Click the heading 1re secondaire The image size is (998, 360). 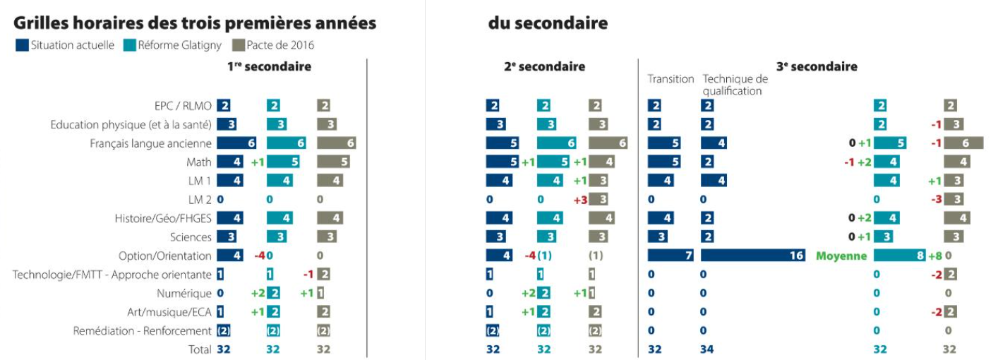pos(269,66)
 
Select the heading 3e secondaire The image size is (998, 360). pos(817,66)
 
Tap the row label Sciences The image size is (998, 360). pos(191,237)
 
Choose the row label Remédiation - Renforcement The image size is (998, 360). pos(142,330)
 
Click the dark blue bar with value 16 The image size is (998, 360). pos(753,256)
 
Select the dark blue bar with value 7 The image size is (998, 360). pos(671,256)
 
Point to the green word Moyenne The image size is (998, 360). pos(841,256)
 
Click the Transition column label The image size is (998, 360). pos(671,79)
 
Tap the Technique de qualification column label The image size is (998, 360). pos(735,85)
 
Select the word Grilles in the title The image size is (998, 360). pos(44,23)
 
